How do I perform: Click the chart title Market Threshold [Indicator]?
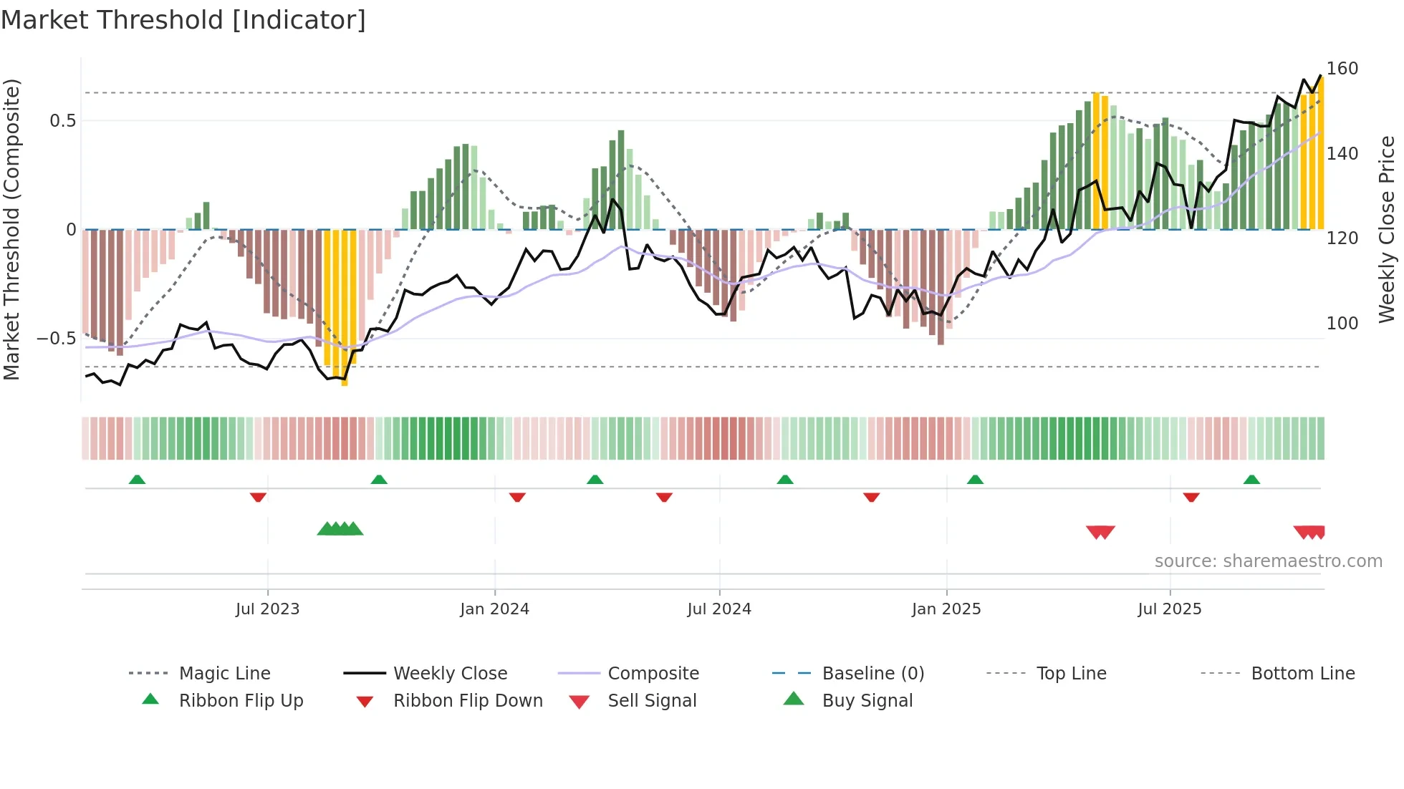click(183, 20)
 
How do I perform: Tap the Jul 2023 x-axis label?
click(267, 609)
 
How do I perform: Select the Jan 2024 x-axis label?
click(494, 609)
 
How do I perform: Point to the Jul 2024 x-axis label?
click(719, 609)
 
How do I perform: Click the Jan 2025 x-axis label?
click(946, 609)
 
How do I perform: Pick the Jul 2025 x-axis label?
click(1170, 609)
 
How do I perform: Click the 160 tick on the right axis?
click(1342, 69)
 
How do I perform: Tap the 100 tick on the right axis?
click(1342, 324)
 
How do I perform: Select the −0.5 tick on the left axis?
click(57, 339)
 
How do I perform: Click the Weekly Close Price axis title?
click(1388, 229)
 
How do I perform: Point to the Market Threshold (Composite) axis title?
click(11, 229)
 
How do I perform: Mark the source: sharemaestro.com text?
click(1268, 561)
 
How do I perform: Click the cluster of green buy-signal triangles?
click(340, 529)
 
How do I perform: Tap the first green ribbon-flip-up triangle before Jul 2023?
click(137, 480)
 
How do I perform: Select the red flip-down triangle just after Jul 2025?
click(1191, 497)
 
